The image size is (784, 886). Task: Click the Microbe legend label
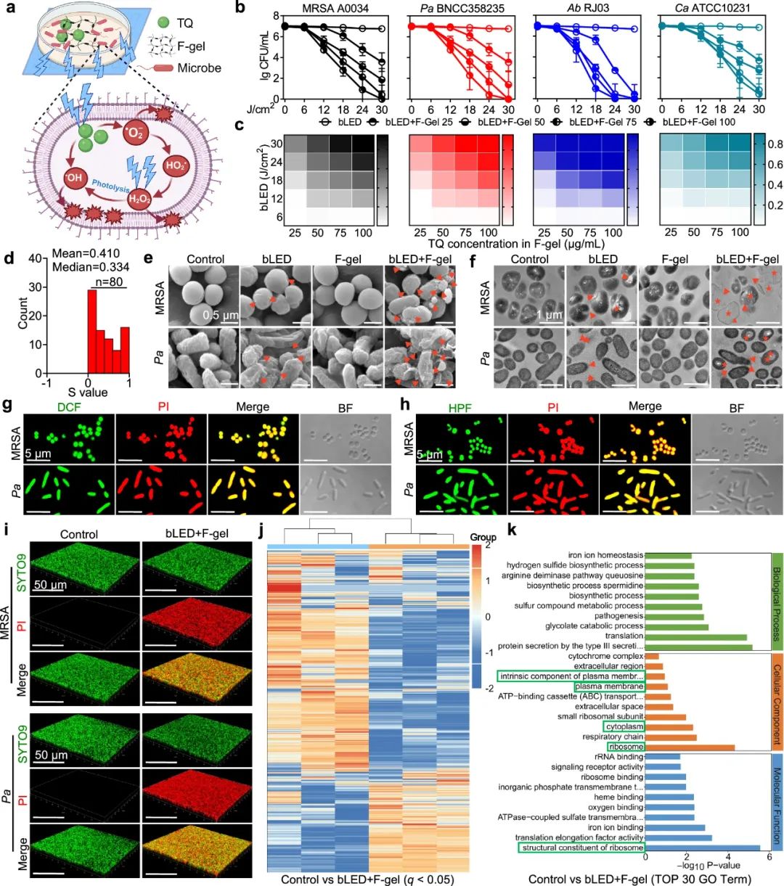[x=200, y=67]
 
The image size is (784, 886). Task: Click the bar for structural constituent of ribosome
[x=703, y=847]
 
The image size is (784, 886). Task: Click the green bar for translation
[x=695, y=636]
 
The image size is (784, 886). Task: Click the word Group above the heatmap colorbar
[x=483, y=537]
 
